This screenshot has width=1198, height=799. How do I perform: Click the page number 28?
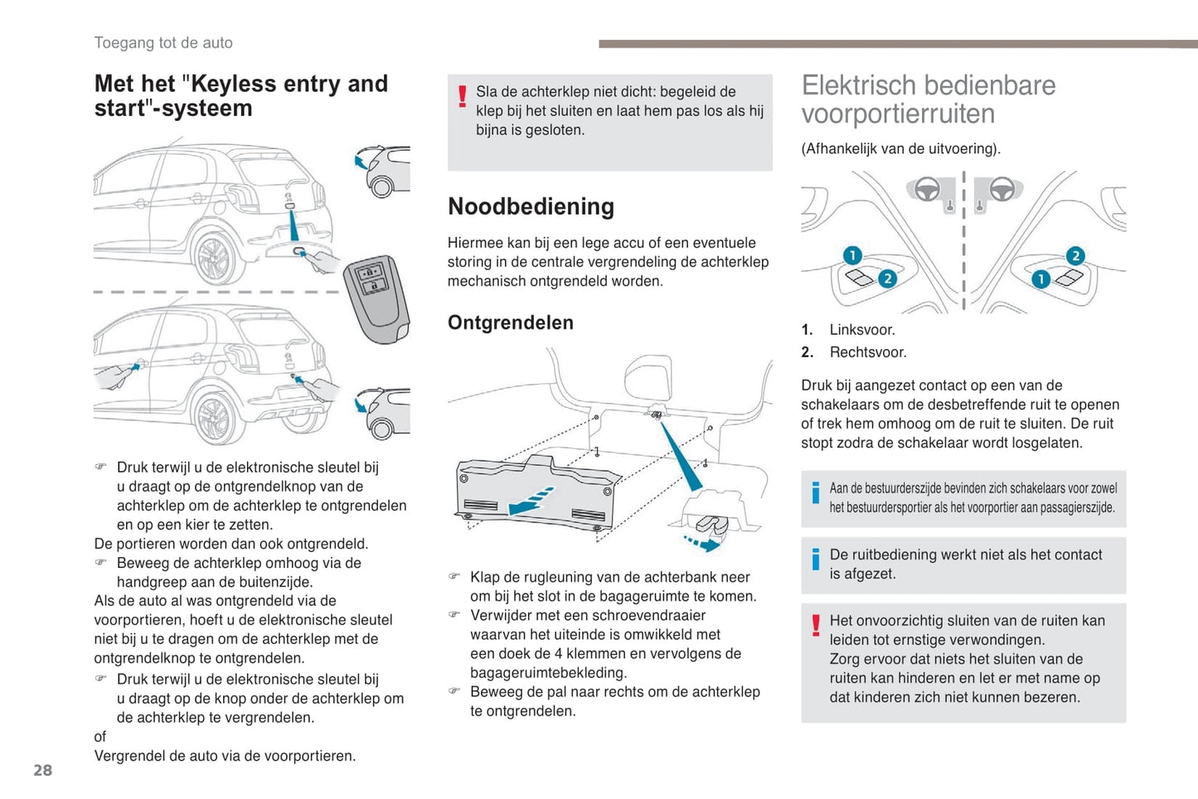(42, 770)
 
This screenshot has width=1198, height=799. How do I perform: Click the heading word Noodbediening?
(531, 206)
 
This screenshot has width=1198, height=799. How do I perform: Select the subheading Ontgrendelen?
(510, 322)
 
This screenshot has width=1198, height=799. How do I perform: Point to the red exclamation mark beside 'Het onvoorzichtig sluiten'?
(816, 625)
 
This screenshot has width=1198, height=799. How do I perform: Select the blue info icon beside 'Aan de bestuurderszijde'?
(816, 493)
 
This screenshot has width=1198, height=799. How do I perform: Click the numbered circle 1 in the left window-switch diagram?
(852, 255)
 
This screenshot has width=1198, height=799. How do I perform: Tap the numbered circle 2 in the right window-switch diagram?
(1075, 255)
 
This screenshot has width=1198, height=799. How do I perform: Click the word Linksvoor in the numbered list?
(862, 330)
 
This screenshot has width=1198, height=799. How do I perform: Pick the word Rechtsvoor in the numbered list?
(868, 352)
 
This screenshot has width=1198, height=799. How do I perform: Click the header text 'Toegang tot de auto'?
(163, 43)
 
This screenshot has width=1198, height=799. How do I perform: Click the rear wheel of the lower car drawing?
(215, 417)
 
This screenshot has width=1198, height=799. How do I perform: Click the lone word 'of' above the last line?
(100, 737)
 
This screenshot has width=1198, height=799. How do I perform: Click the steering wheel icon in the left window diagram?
(926, 189)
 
